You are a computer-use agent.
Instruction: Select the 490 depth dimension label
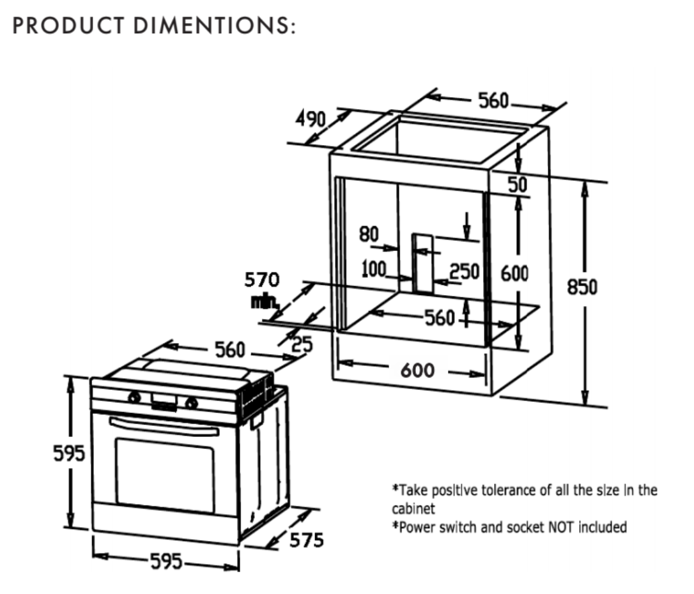[311, 119]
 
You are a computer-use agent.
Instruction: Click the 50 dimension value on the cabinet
[517, 185]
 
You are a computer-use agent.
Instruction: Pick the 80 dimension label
[369, 234]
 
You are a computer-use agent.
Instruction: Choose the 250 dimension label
[464, 271]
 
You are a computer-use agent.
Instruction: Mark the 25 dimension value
[302, 345]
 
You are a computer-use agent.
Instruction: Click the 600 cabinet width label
[417, 370]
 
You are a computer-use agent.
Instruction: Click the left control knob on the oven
[134, 397]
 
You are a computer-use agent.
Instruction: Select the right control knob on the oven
[190, 402]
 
